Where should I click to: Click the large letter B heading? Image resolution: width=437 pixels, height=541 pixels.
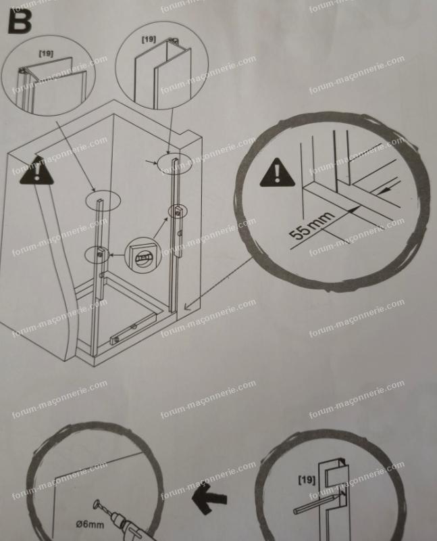tap(20, 21)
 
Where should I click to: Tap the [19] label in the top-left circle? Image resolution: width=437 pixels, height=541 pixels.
tap(46, 53)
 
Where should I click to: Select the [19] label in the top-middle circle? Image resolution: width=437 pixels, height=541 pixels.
tap(149, 39)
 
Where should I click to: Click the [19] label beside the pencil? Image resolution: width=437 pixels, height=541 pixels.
tap(307, 479)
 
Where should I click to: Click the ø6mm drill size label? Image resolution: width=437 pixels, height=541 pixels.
tap(90, 525)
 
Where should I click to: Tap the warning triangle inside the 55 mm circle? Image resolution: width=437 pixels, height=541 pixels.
tap(277, 173)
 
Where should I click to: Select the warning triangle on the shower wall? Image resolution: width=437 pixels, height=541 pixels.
tap(36, 170)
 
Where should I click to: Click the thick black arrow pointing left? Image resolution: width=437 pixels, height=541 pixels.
tap(209, 498)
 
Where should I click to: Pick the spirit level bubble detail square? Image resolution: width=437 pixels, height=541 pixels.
tap(143, 256)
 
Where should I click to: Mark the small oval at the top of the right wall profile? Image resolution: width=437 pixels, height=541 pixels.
tap(174, 162)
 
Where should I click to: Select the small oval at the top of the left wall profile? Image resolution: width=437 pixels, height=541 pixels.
tap(103, 200)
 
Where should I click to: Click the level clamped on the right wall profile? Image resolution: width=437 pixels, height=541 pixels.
tap(178, 231)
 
